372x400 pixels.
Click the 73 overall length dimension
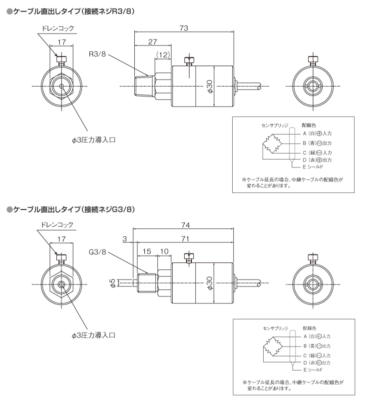(x=184, y=28)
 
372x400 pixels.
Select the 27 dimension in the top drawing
(x=153, y=42)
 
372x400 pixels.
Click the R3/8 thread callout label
(x=97, y=53)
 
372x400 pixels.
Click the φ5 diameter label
(x=112, y=284)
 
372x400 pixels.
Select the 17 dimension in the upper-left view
(x=62, y=42)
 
